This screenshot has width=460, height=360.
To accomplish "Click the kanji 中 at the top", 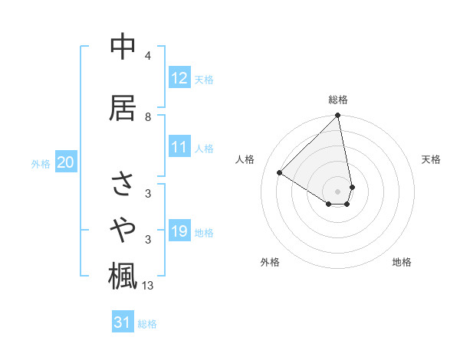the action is [x=123, y=47].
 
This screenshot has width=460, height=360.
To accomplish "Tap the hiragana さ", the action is [x=123, y=184].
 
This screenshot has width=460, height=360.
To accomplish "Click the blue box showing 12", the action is [x=179, y=77].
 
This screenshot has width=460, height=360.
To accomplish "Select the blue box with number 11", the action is [x=179, y=147].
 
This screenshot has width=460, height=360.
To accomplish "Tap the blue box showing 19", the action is [x=179, y=231].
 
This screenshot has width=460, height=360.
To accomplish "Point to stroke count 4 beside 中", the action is [x=148, y=56].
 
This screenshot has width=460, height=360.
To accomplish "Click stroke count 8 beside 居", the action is [x=148, y=116].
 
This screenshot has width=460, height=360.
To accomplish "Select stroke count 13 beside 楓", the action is [x=148, y=286].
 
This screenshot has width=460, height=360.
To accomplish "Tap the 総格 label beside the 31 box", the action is [x=147, y=324].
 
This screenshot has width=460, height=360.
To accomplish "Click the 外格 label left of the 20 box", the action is [x=41, y=163].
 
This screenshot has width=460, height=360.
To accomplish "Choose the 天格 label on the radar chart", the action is [x=432, y=159].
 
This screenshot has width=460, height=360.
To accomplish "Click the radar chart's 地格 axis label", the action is [x=402, y=262].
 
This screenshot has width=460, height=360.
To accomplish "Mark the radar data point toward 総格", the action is [x=338, y=116].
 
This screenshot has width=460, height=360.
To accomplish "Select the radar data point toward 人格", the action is [x=280, y=172].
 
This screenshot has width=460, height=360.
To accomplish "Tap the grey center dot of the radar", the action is [x=338, y=191].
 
